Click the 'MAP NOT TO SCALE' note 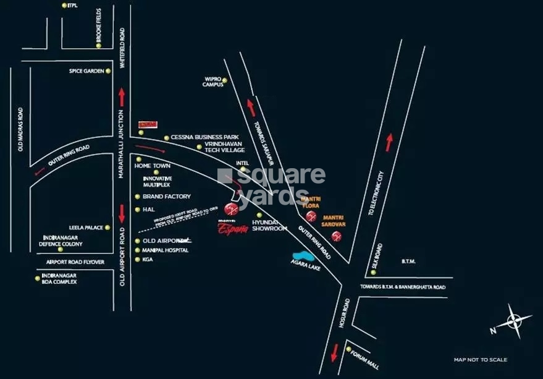tap(480, 360)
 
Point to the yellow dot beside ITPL tap(65, 6)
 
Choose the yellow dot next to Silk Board tap(374, 271)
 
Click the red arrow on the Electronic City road tap(389, 142)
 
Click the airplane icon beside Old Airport tap(185, 241)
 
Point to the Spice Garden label tap(86, 71)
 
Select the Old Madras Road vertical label tap(20, 129)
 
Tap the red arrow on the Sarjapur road tap(251, 108)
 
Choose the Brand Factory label tap(166, 196)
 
